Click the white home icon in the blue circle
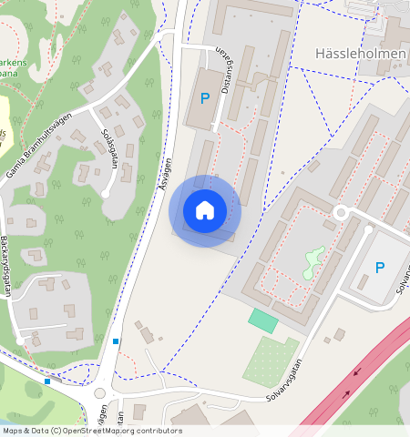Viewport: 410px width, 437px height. coord(205,210)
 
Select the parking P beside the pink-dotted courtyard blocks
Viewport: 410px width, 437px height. coord(380,268)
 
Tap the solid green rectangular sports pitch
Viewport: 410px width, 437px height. coord(262,320)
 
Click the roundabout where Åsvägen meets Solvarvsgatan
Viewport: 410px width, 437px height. coord(99,394)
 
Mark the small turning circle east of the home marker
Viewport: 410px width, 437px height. coord(342,212)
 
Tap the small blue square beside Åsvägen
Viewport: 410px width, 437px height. coord(116,341)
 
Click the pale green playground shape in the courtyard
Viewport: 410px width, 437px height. coord(313,262)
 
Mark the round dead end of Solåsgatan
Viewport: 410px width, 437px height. coord(106,193)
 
